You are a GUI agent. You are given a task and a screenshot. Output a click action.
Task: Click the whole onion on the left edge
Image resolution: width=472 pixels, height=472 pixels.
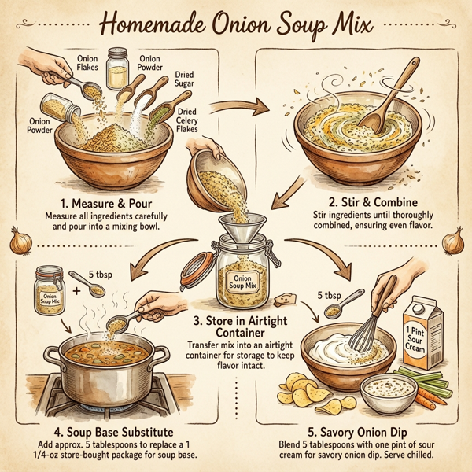pyautogui.click(x=17, y=239)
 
